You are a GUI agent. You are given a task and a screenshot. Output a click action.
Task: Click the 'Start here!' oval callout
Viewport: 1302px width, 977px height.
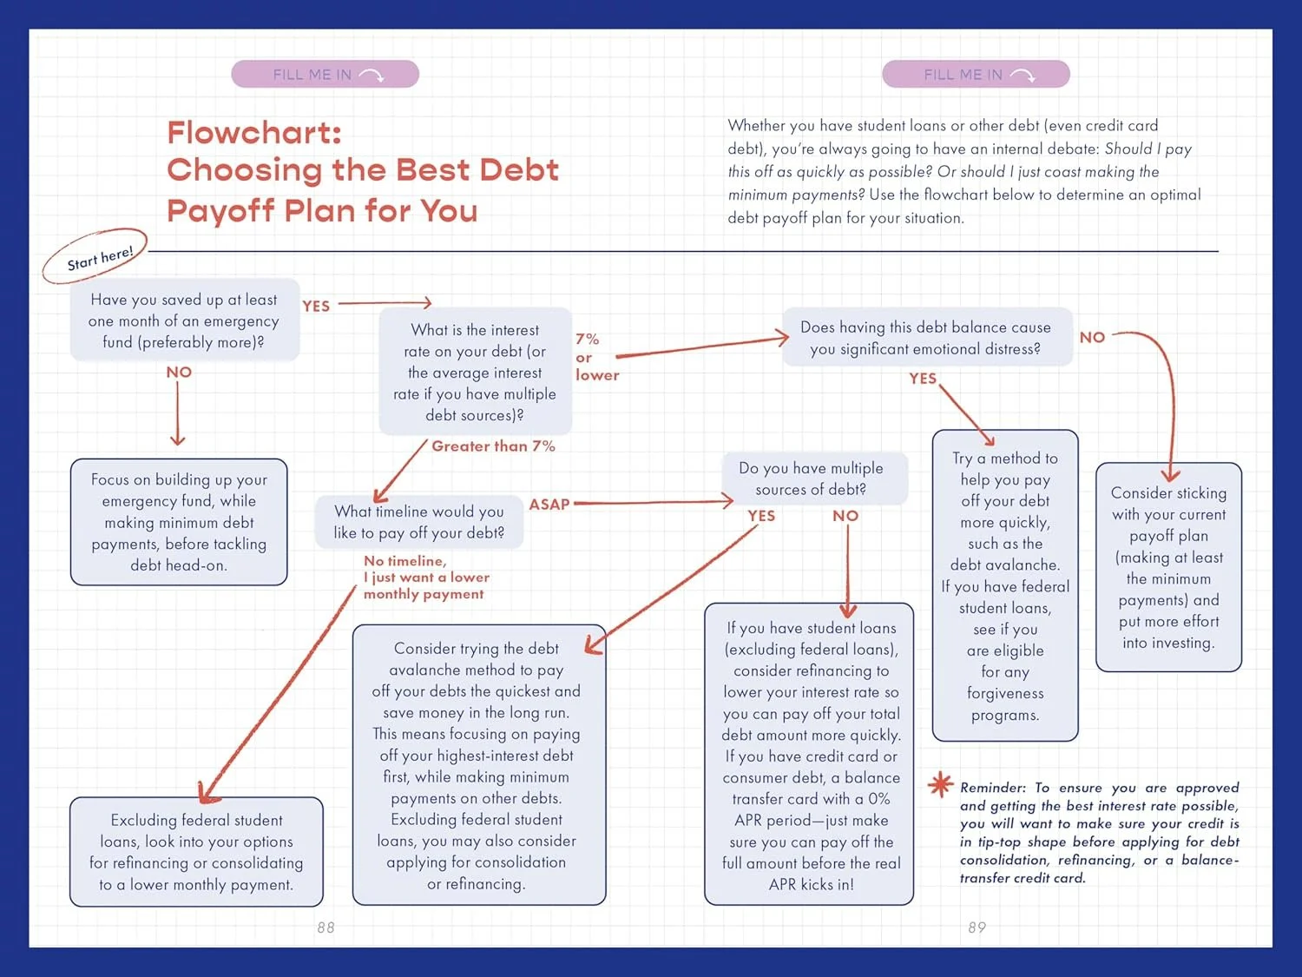click(97, 258)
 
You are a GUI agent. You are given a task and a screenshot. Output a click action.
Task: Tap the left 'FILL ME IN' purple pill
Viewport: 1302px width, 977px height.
click(325, 75)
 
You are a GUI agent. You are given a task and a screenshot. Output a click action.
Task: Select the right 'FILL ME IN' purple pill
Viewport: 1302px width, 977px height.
click(976, 75)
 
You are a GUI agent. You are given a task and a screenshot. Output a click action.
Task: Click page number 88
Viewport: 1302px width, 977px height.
click(325, 927)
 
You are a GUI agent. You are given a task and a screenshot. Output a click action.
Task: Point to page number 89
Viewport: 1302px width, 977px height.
click(976, 927)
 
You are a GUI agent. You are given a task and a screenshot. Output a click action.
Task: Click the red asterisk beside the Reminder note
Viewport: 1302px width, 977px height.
click(940, 784)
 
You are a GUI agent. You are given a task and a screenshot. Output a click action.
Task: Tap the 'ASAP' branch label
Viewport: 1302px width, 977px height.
click(549, 505)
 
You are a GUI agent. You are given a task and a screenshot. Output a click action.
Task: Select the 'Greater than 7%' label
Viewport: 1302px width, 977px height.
click(493, 446)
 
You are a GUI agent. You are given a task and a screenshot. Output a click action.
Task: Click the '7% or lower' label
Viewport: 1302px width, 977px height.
click(595, 357)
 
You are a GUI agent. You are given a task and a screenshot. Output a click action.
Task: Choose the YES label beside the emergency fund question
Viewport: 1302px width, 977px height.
click(316, 307)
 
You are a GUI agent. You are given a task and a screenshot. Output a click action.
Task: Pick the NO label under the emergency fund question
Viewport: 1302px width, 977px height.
click(179, 373)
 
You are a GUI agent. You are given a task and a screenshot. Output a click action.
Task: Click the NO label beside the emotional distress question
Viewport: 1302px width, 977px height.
click(1092, 338)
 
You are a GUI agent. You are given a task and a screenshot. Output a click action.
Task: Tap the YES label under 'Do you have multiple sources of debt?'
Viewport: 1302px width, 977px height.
click(761, 516)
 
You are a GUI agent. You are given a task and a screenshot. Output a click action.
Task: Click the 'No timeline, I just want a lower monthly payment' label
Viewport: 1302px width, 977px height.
click(425, 578)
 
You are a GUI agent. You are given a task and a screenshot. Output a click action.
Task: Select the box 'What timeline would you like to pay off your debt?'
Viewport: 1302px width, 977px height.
click(419, 522)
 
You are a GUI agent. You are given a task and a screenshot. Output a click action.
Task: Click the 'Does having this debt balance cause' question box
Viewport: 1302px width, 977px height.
click(926, 338)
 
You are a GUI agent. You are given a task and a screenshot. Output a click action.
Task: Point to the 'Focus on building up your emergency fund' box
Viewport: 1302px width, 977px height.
click(179, 522)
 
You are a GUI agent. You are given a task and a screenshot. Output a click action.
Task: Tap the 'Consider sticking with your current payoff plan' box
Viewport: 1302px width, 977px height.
click(1168, 567)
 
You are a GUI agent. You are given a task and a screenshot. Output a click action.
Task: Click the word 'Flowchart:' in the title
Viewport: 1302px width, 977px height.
click(254, 133)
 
